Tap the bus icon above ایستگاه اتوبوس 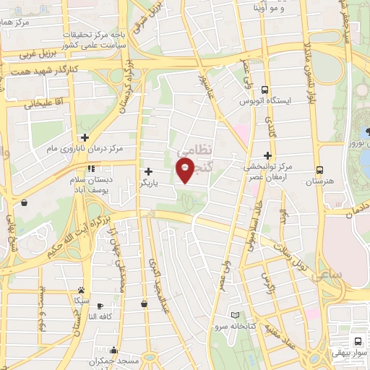[266, 90]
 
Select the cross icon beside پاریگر [148, 172]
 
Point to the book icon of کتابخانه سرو [236, 314]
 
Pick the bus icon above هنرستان [319, 172]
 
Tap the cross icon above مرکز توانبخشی [267, 155]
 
